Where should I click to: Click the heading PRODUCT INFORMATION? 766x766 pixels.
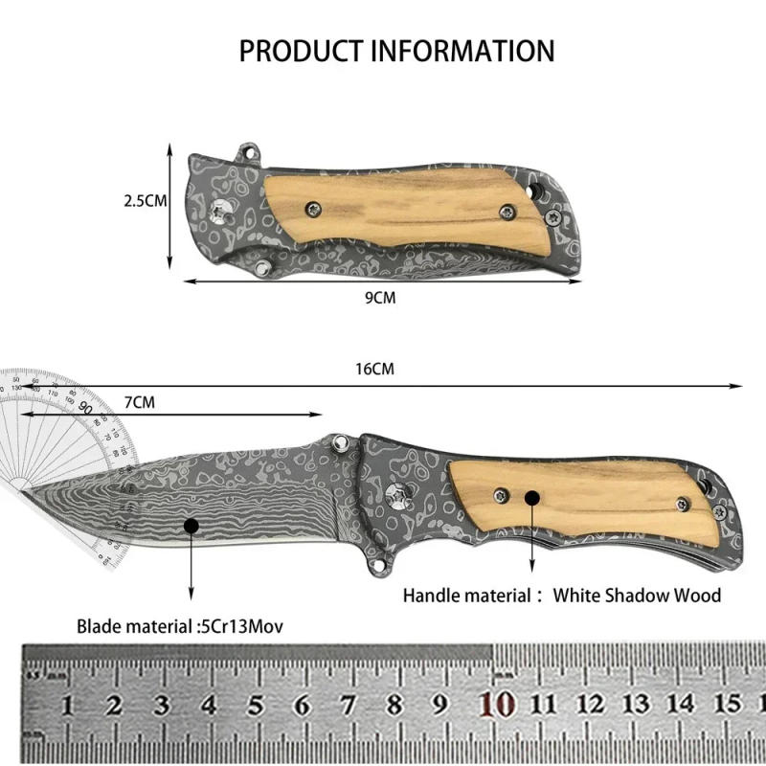[396, 51]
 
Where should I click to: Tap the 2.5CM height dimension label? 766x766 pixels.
[146, 201]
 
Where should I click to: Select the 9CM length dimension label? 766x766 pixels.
[380, 298]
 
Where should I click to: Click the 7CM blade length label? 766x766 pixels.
[141, 401]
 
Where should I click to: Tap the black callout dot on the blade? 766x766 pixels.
[191, 525]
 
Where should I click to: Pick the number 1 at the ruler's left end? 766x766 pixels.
[68, 706]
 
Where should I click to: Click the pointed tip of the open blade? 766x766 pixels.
[21, 491]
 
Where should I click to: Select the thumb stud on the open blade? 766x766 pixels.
[339, 441]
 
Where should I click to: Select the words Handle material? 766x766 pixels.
[466, 596]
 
